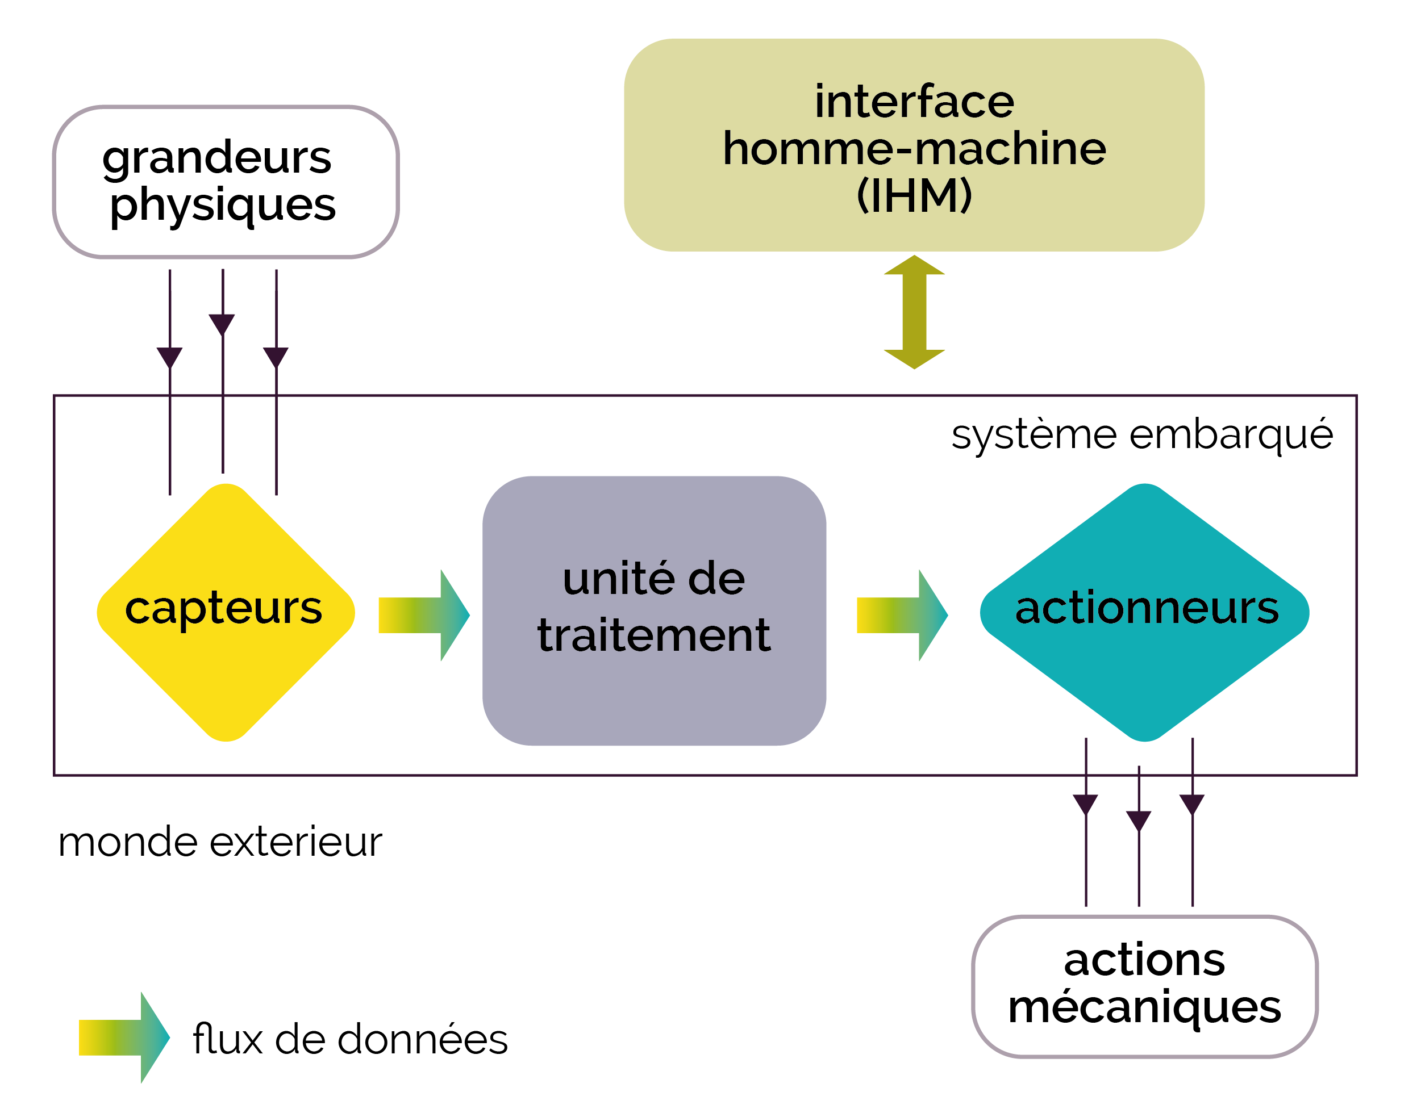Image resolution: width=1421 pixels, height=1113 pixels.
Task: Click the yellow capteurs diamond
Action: click(226, 613)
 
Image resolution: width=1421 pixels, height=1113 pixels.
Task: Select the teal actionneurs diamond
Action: click(1145, 613)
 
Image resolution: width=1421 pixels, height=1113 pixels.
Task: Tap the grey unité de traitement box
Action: click(654, 610)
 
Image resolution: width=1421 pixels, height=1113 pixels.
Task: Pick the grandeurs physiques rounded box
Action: click(226, 182)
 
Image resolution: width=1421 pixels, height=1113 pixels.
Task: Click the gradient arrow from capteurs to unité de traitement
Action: click(424, 615)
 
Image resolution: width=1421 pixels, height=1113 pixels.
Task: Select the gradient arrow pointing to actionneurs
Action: click(902, 615)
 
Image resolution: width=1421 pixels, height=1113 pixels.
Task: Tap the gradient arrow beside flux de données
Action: click(124, 1037)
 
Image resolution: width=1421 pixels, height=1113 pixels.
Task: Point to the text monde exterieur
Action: click(220, 842)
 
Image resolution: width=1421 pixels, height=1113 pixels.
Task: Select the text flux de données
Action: click(350, 1038)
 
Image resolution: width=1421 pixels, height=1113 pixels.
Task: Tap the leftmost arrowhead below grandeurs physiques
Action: click(169, 358)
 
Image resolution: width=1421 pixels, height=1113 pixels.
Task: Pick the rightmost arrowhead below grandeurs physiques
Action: click(276, 358)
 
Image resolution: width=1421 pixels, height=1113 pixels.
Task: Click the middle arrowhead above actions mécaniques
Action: click(1139, 821)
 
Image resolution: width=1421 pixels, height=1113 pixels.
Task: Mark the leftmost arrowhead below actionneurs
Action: click(1085, 805)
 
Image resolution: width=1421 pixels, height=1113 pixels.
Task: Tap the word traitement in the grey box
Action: click(654, 635)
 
